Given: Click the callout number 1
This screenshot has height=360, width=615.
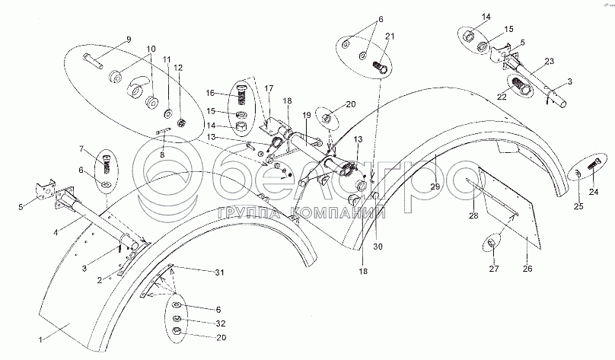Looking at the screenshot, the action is pos(40,339).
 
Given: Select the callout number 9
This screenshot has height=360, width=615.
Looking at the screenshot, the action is pos(129,40).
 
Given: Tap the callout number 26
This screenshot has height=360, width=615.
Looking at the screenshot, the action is pos(528,269).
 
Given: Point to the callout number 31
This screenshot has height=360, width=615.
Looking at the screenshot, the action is pos(220,272).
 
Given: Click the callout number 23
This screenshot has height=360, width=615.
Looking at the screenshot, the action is pos(549,61).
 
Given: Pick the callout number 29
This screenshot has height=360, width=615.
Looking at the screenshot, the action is pos(435,186).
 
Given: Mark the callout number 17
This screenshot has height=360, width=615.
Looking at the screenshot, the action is pos(269,88).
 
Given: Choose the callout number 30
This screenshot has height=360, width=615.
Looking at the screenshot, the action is pos(378,247).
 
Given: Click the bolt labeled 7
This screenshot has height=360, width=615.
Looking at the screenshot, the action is pos(107,164).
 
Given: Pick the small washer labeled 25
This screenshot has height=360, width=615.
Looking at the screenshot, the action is pos(578,173).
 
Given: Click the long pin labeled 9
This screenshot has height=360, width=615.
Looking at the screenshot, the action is pos(93,61).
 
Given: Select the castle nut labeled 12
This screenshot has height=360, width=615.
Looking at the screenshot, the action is pos(181,123).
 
